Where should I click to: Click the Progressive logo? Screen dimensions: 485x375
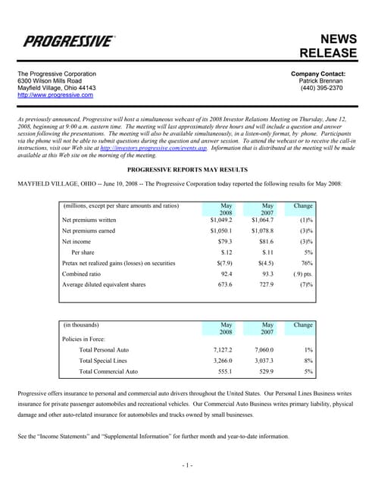click(x=70, y=41)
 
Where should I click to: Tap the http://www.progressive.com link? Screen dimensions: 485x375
click(x=55, y=95)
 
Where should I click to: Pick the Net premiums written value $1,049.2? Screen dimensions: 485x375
click(x=216, y=220)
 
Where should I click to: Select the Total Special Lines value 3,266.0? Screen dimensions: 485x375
click(x=220, y=361)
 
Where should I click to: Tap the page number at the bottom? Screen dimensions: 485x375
click(x=187, y=463)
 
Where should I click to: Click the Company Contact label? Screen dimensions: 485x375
click(x=323, y=73)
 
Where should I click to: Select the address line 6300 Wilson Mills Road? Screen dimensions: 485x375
click(x=50, y=80)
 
